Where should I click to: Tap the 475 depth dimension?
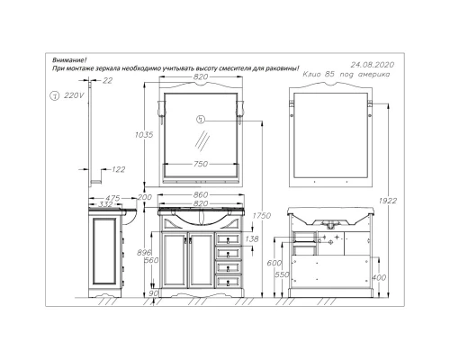pyautogui.click(x=112, y=197)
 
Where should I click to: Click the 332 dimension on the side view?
pyautogui.click(x=107, y=205)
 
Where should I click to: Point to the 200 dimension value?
pyautogui.click(x=144, y=197)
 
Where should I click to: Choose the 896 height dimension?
pyautogui.click(x=133, y=253)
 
